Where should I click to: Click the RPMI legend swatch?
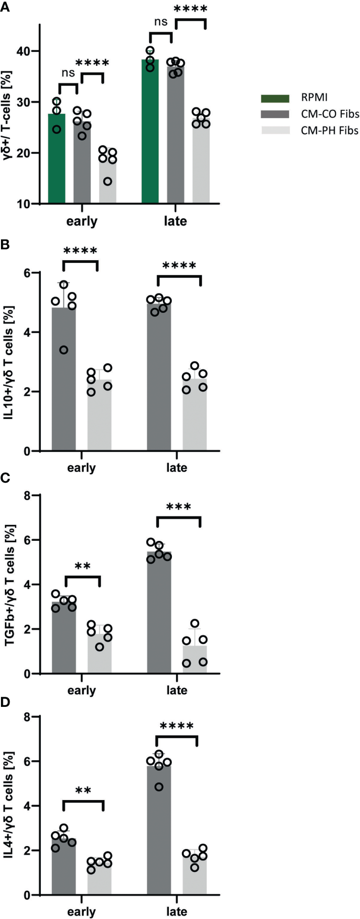point(275,98)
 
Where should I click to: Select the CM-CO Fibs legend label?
point(329,114)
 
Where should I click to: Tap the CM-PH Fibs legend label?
point(329,130)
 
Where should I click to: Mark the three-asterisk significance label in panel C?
point(179,507)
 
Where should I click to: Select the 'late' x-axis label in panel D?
point(177,911)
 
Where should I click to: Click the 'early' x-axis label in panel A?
point(82,221)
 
